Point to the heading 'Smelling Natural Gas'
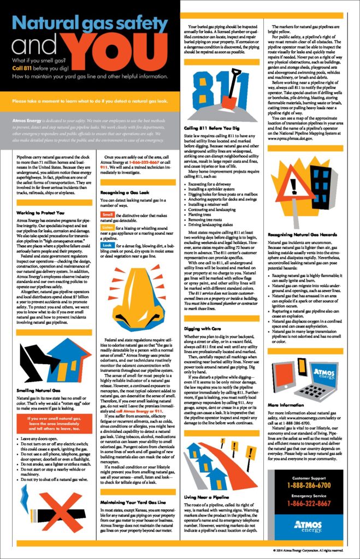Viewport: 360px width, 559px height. (x=31, y=376)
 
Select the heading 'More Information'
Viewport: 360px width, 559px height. (x=283, y=405)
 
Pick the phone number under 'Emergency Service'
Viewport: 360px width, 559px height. (x=309, y=503)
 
